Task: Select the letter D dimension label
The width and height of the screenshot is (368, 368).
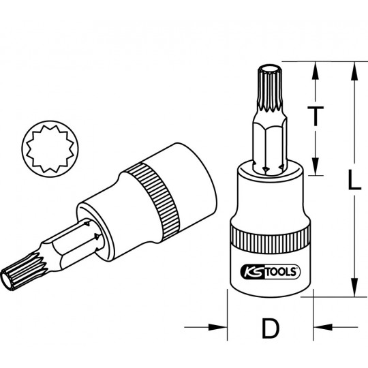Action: click(270, 329)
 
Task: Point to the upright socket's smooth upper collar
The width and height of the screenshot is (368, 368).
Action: click(269, 198)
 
